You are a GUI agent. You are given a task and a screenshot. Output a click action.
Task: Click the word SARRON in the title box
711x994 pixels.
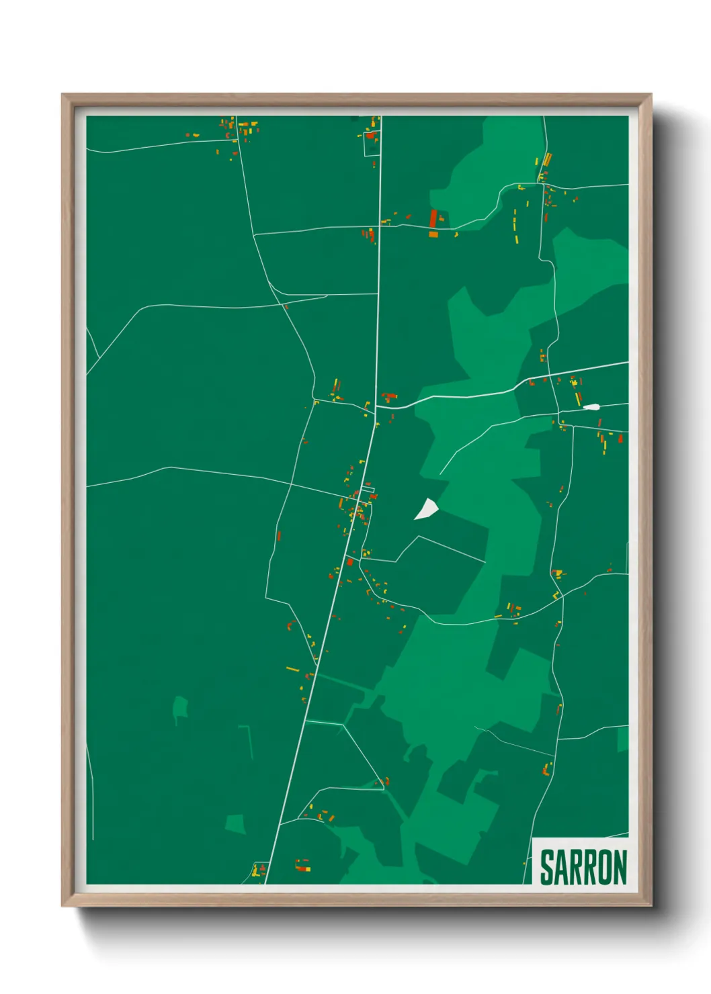(x=583, y=867)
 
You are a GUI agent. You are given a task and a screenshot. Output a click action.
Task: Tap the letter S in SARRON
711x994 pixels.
(x=547, y=867)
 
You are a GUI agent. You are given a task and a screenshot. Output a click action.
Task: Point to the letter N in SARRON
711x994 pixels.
(x=620, y=867)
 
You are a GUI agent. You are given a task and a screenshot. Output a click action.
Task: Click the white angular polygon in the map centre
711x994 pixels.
(x=425, y=509)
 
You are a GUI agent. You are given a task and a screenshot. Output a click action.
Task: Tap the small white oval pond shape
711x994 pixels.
(x=591, y=407)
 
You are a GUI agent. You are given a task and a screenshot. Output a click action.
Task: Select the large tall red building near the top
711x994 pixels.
(x=433, y=218)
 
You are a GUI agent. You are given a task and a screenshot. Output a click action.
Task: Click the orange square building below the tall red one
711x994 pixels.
(x=433, y=234)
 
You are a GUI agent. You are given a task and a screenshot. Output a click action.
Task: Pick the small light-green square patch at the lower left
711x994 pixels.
(x=235, y=823)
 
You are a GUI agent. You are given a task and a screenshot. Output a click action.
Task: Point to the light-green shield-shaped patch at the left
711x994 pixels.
(x=180, y=707)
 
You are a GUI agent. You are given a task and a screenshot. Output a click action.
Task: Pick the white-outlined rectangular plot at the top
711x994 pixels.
(x=372, y=143)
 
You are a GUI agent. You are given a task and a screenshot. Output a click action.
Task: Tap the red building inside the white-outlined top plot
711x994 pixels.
(x=370, y=136)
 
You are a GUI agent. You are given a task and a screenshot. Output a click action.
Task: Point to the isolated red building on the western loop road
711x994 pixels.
(x=279, y=536)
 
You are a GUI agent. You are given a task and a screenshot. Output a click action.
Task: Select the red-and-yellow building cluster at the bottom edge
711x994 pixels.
(x=303, y=866)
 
